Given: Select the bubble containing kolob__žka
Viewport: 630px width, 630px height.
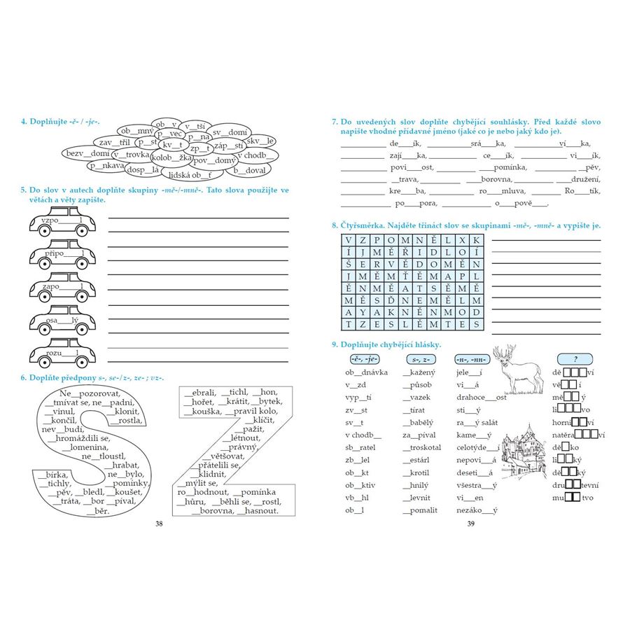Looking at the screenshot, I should click(171, 157).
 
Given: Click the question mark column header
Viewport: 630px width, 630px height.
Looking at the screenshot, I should click(575, 359).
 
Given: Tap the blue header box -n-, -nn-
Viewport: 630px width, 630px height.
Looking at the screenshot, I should click(470, 359).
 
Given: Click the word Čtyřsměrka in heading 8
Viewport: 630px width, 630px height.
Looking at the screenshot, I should click(367, 225).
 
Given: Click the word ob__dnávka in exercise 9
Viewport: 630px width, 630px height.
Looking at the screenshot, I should click(366, 372).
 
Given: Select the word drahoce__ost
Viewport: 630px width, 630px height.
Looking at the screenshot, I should click(482, 398).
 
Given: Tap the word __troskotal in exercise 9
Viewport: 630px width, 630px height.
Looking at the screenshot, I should click(422, 447).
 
